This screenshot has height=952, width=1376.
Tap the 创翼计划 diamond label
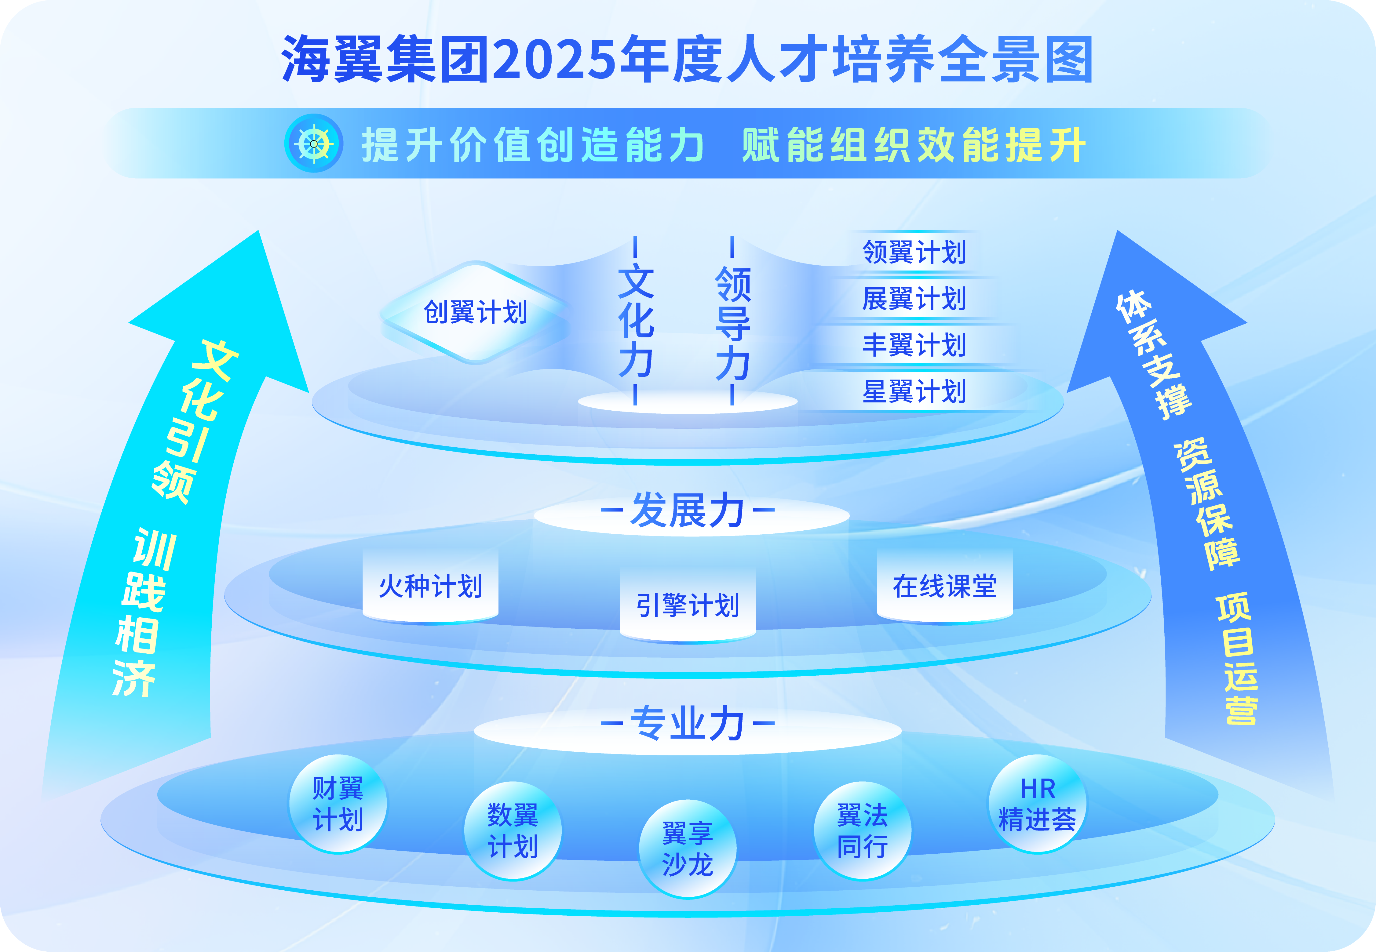click(476, 312)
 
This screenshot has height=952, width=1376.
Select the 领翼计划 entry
click(914, 252)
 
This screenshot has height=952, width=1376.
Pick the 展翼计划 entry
click(914, 298)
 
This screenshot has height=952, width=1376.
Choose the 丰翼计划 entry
click(914, 345)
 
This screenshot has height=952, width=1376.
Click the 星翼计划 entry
click(914, 391)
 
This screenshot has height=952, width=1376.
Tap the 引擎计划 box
click(688, 605)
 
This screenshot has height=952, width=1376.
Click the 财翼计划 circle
click(338, 804)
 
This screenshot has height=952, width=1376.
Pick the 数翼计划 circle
click(513, 830)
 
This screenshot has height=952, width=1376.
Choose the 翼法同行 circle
click(862, 830)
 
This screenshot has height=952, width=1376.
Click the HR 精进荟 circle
click(1038, 804)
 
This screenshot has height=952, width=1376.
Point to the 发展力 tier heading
click(688, 511)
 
